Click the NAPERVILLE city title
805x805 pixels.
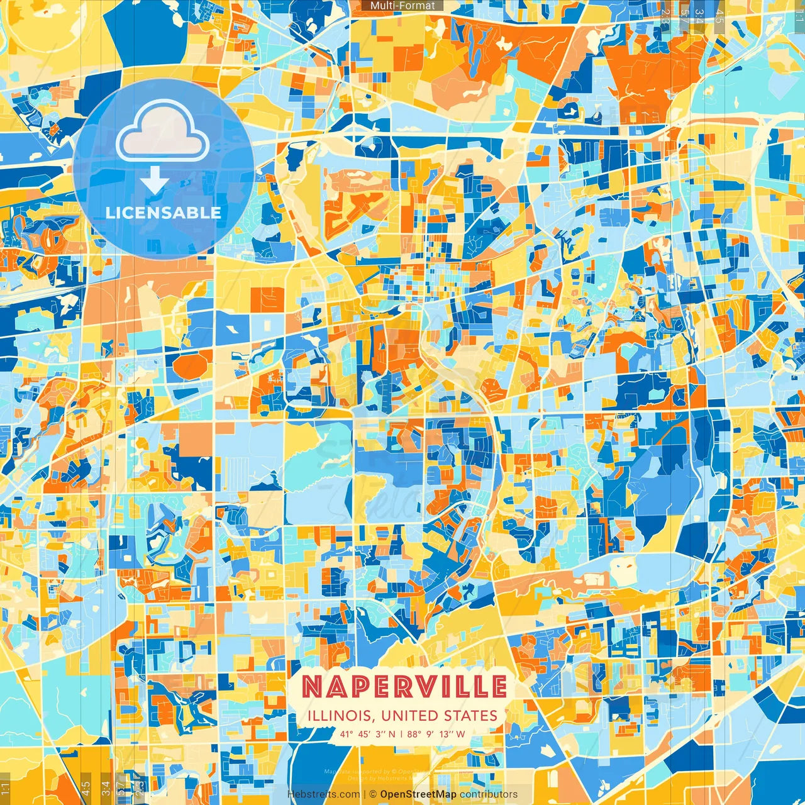click(404, 686)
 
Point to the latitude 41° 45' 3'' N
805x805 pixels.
click(368, 733)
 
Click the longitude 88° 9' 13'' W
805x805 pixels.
click(436, 733)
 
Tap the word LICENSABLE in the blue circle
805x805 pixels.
click(164, 213)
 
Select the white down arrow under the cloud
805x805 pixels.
click(155, 182)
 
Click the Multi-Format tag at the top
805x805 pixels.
click(402, 6)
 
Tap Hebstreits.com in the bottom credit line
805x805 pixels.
click(324, 794)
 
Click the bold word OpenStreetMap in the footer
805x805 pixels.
click(418, 794)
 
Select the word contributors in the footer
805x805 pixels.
click(489, 794)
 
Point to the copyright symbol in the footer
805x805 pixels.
click(372, 794)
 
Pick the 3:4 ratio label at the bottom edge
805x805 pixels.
click(106, 787)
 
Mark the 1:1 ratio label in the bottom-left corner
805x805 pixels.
click(6, 787)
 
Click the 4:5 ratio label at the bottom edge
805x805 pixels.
click(86, 787)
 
